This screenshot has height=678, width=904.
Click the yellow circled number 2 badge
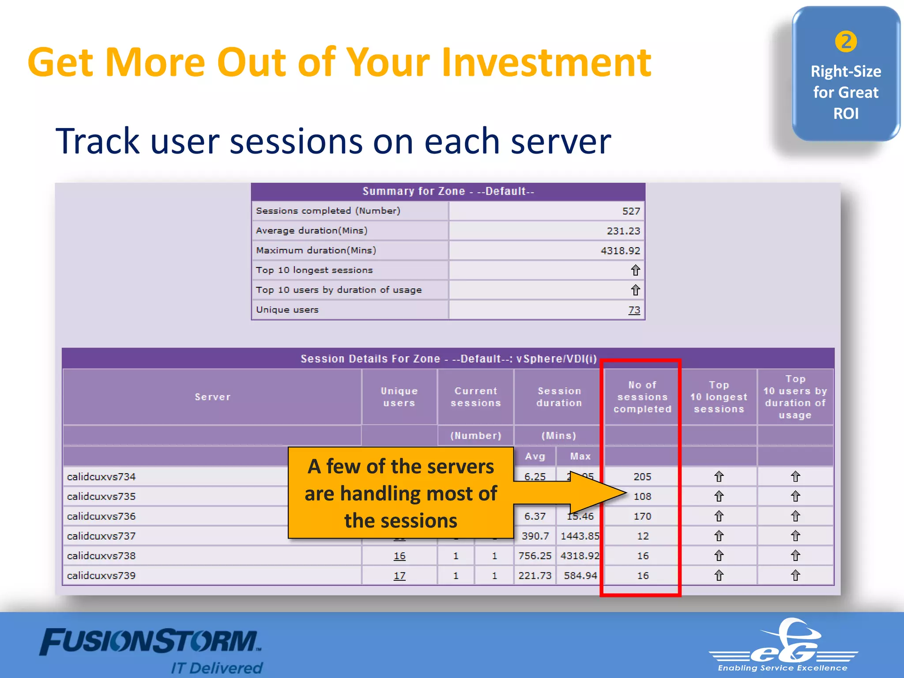click(x=846, y=42)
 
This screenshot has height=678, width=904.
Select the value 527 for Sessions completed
click(x=631, y=211)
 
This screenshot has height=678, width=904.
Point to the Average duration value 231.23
click(x=623, y=231)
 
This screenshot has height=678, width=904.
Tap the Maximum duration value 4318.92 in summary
click(x=620, y=251)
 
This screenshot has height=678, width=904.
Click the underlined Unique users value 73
click(x=634, y=310)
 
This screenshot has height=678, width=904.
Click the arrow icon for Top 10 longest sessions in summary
click(x=635, y=270)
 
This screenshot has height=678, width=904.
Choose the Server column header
click(x=212, y=397)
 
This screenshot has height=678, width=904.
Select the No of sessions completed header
click(x=642, y=397)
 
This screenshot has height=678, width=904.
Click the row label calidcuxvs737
click(x=102, y=536)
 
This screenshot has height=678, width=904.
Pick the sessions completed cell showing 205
click(x=642, y=477)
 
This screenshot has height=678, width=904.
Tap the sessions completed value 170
click(x=642, y=516)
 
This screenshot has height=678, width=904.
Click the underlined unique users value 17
click(x=399, y=576)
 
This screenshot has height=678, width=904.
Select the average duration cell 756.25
click(x=535, y=556)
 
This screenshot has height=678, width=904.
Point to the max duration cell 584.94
click(x=580, y=576)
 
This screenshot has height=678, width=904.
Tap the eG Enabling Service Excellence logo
click(x=783, y=645)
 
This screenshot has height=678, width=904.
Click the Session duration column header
click(x=559, y=397)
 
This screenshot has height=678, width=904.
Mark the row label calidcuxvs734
click(x=102, y=477)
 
